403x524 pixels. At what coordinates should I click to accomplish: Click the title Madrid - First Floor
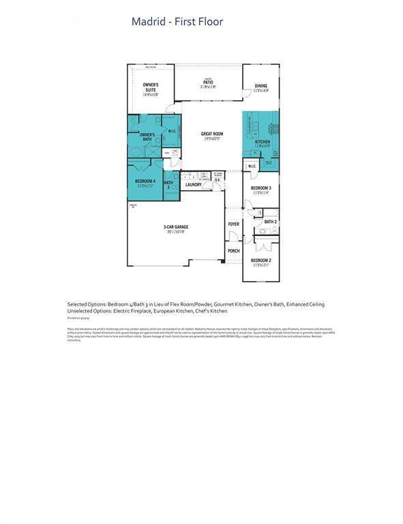click(x=177, y=22)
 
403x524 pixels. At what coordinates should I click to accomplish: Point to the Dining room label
click(x=260, y=87)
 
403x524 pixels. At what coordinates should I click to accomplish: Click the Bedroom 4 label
click(x=145, y=182)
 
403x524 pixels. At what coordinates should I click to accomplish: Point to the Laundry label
click(x=193, y=184)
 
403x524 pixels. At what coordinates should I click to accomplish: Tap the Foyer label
click(x=233, y=224)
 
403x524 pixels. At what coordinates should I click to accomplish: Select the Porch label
click(x=233, y=250)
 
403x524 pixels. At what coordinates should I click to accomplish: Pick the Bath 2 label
click(x=270, y=222)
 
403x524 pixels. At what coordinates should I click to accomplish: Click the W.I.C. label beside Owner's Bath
click(x=173, y=131)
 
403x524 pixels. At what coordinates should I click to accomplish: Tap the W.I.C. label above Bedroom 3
click(x=252, y=166)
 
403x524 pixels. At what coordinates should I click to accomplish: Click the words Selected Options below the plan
click(x=85, y=304)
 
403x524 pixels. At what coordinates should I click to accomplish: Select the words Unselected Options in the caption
click(x=89, y=310)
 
